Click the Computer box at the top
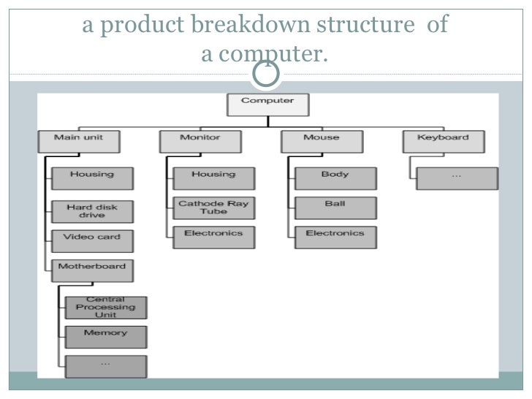click(x=267, y=104)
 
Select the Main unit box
click(x=78, y=141)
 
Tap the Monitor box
click(x=199, y=141)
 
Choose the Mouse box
click(x=322, y=141)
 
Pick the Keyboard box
click(x=443, y=141)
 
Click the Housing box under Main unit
click(x=92, y=178)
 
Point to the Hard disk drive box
click(x=92, y=211)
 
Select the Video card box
click(x=92, y=240)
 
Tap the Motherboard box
click(x=92, y=270)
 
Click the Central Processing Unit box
click(x=105, y=308)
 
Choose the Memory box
click(x=105, y=337)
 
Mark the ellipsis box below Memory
click(x=105, y=366)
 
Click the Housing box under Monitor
click(x=213, y=178)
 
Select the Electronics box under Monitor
click(x=213, y=237)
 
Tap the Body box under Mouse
click(x=335, y=178)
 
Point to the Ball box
click(x=335, y=208)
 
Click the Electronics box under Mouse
click(x=335, y=237)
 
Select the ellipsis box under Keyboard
click(x=457, y=178)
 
